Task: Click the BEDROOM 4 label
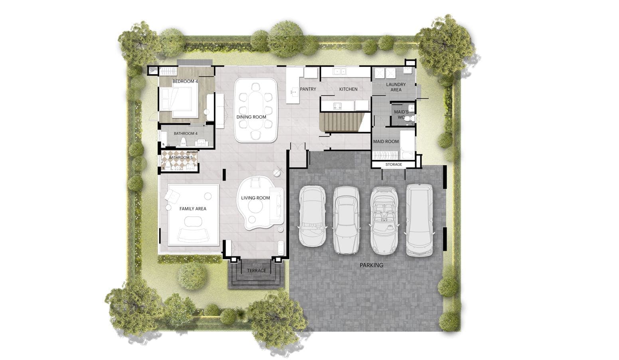click(x=185, y=81)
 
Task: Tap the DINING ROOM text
click(x=251, y=117)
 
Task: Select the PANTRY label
click(x=308, y=89)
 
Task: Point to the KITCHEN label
click(x=348, y=89)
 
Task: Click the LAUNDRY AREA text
click(x=396, y=87)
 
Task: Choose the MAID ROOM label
click(x=386, y=141)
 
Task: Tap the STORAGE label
click(x=394, y=164)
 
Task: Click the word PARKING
click(x=372, y=265)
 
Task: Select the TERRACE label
click(x=257, y=271)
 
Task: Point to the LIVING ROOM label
click(x=255, y=198)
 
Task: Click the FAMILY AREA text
click(x=193, y=209)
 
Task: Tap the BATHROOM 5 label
click(x=181, y=158)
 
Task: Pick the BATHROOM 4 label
click(x=186, y=134)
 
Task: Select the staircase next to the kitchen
click(x=341, y=122)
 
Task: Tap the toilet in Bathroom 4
click(x=183, y=142)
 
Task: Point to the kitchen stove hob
click(x=337, y=105)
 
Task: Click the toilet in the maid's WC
click(x=409, y=119)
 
